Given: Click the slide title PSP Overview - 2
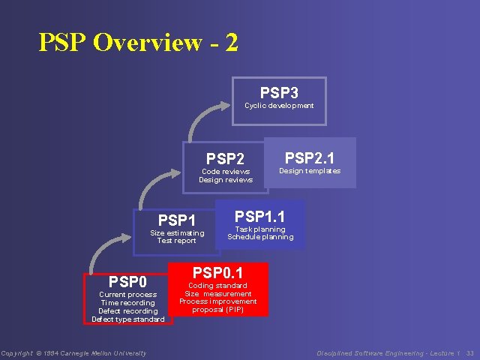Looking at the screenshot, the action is (139, 42).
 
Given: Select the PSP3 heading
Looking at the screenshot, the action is (279, 93).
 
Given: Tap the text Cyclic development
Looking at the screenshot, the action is (279, 106).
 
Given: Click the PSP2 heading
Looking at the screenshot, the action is (225, 159).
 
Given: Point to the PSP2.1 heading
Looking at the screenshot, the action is (310, 157).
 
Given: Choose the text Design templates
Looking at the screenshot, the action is (310, 171).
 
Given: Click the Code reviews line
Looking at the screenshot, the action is (225, 172).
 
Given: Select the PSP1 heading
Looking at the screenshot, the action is (177, 220).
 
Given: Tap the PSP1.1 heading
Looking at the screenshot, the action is (259, 217).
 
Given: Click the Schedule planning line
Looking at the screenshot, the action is (260, 237).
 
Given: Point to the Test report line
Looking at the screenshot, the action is (177, 241).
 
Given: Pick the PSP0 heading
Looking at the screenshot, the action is (127, 282).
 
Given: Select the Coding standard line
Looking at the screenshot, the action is (217, 286).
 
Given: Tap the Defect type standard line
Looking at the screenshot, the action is (127, 319).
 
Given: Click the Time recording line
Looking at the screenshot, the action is (127, 303).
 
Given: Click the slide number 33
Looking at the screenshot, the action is (469, 353).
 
